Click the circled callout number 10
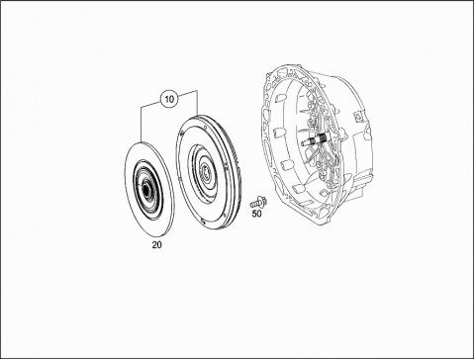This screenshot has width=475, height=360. click(169, 99)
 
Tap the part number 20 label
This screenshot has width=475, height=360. click(157, 245)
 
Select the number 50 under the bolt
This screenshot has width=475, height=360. click(256, 214)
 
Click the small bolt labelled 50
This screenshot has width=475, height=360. click(258, 202)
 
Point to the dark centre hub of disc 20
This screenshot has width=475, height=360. click(145, 189)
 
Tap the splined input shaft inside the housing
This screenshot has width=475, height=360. click(314, 140)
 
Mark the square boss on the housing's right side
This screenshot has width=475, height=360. click(356, 116)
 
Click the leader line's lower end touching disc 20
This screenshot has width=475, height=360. click(141, 141)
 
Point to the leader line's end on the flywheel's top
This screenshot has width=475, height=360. click(197, 115)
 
